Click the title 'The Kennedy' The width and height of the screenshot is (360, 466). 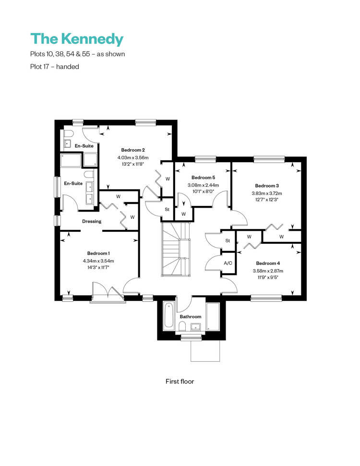pyautogui.click(x=77, y=39)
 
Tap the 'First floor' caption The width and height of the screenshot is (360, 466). pyautogui.click(x=180, y=382)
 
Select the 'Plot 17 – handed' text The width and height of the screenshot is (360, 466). pyautogui.click(x=55, y=67)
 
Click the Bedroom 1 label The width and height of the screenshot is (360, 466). pyautogui.click(x=98, y=253)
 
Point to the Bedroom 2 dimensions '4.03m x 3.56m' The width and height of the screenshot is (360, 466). pyautogui.click(x=133, y=157)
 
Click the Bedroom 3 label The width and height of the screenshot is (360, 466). pyautogui.click(x=267, y=186)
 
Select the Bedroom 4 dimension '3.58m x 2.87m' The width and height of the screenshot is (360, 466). pyautogui.click(x=268, y=271)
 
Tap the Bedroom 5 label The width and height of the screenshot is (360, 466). pyautogui.click(x=204, y=178)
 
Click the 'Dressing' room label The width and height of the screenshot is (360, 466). pyautogui.click(x=92, y=221)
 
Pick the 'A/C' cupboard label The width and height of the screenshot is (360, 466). pyautogui.click(x=228, y=263)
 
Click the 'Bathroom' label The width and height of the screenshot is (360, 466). pyautogui.click(x=190, y=317)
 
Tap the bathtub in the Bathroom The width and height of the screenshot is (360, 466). pyautogui.click(x=169, y=315)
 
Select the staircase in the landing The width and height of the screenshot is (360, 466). pyautogui.click(x=176, y=250)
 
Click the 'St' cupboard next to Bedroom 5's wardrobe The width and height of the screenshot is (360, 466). pyautogui.click(x=167, y=209)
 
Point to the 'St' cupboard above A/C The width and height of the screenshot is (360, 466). pyautogui.click(x=228, y=240)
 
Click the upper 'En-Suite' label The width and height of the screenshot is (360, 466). pyautogui.click(x=84, y=145)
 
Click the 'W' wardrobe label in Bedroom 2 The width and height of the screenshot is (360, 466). pyautogui.click(x=168, y=179)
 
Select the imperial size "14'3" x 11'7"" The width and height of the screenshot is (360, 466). pyautogui.click(x=98, y=267)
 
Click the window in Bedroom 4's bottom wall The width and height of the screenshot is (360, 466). pyautogui.click(x=266, y=298)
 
